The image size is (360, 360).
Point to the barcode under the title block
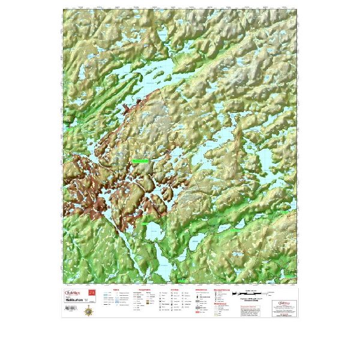(71, 308)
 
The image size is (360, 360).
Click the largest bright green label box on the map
(140, 161)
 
